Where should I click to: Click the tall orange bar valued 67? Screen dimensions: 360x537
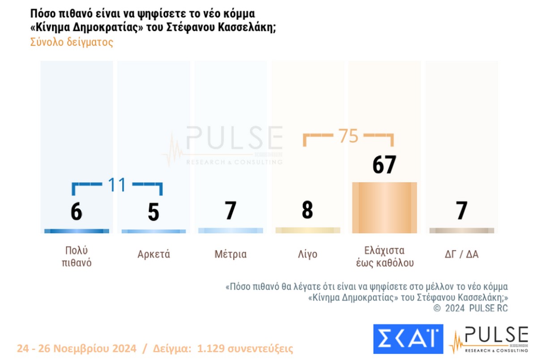point(384,208)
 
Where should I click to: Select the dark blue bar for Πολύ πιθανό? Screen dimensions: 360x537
point(77,231)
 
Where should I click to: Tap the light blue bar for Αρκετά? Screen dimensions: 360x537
point(153,231)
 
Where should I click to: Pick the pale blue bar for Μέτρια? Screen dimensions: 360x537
point(230,231)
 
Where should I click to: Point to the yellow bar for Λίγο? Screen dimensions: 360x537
point(307,230)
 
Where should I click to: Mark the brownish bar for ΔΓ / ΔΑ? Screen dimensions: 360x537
point(461,231)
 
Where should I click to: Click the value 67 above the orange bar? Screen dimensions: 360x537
point(384,165)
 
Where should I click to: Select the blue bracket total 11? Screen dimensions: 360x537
point(117,184)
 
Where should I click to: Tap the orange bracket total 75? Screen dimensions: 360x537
point(348,136)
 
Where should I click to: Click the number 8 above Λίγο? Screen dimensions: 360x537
point(307,210)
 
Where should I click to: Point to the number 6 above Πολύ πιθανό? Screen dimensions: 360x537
point(77,211)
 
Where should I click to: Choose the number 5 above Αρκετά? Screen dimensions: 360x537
point(153,213)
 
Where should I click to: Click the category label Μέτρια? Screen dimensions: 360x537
point(230,255)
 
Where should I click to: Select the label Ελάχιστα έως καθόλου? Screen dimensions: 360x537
point(384,257)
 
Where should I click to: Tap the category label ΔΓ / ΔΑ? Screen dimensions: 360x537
point(461,255)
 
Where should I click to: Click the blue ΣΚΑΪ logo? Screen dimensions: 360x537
point(408,339)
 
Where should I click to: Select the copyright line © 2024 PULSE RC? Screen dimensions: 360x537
point(471,309)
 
